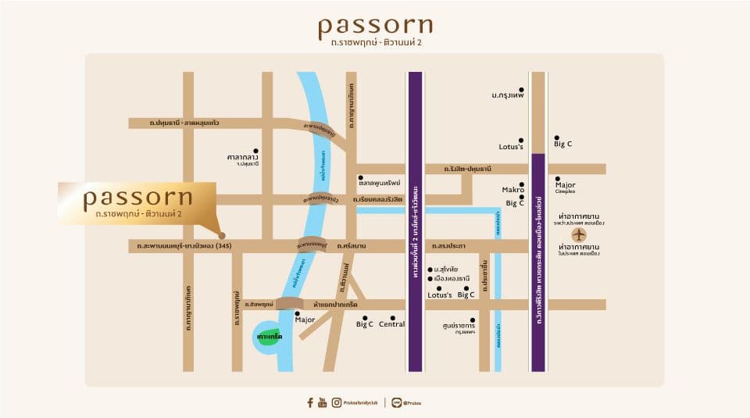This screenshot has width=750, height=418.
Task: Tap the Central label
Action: point(391,324)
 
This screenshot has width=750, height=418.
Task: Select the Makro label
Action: point(512,190)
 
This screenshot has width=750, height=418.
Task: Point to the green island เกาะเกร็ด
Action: point(268,336)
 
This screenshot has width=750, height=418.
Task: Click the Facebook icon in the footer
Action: point(310,402)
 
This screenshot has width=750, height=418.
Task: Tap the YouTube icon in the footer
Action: point(323,402)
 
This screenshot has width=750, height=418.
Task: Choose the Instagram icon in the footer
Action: point(336,402)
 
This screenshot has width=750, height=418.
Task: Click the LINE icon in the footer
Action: point(397,402)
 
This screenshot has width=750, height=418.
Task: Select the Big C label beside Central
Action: point(365,324)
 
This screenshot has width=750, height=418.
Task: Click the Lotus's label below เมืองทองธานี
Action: point(440,295)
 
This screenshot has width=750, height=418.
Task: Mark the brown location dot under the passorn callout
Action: point(222,234)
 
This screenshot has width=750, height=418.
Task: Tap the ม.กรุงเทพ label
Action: point(507,95)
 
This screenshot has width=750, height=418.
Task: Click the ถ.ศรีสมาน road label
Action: point(352,246)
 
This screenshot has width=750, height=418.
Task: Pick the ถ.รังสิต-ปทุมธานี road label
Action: point(467,169)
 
